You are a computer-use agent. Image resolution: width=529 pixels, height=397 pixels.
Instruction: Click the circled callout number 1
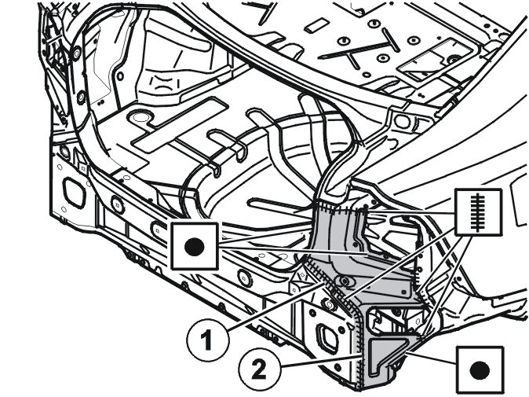tap(207, 340)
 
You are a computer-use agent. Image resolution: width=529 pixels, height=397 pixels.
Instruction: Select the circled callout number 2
tap(259, 369)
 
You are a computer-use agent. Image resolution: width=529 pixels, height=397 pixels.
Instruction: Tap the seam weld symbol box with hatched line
tap(478, 211)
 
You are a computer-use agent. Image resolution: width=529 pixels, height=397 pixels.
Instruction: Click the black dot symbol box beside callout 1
tap(195, 246)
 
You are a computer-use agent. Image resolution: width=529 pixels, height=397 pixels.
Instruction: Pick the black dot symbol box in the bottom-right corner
tap(480, 370)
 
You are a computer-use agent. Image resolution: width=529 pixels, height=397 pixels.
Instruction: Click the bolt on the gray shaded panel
tap(345, 281)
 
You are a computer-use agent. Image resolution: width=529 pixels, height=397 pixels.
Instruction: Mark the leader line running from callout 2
tap(319, 361)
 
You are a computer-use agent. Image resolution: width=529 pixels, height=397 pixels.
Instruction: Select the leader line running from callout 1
tap(274, 307)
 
